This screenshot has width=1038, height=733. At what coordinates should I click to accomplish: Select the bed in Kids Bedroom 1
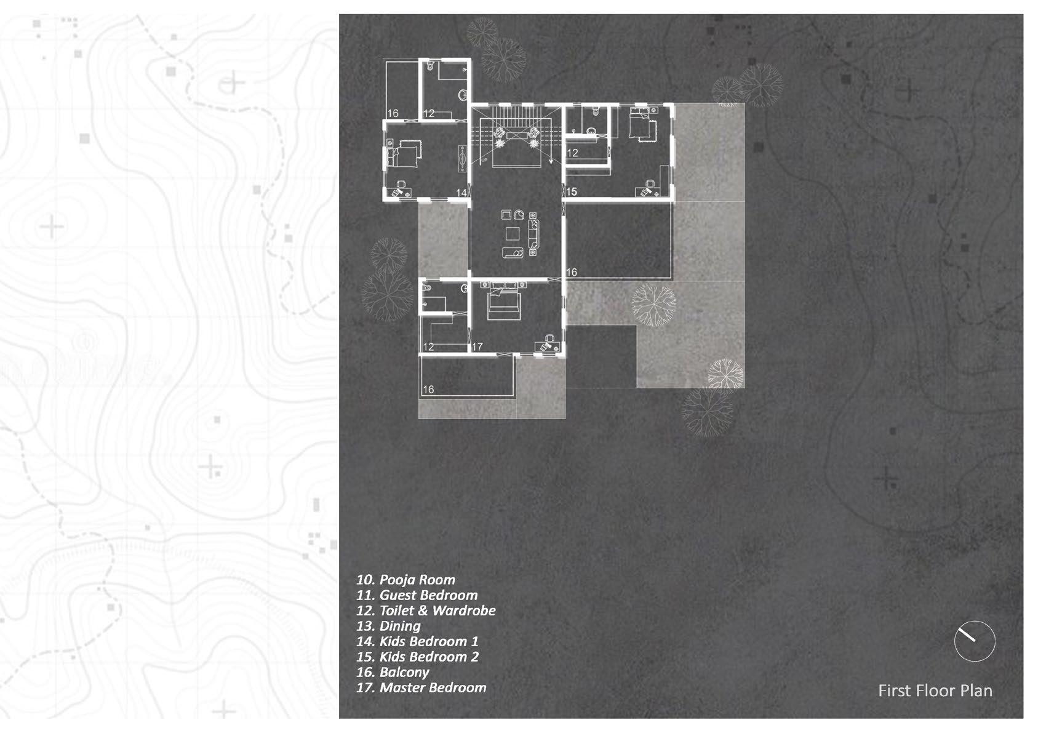pyautogui.click(x=404, y=153)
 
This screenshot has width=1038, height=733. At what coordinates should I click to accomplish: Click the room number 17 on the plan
pyautogui.click(x=477, y=347)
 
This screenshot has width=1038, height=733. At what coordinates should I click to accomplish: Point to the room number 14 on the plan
pyautogui.click(x=461, y=193)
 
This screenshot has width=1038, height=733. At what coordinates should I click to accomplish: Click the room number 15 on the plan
pyautogui.click(x=572, y=192)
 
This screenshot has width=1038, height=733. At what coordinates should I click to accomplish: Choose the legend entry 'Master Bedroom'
pyautogui.click(x=421, y=687)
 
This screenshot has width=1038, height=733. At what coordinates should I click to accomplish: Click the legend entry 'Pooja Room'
pyautogui.click(x=406, y=580)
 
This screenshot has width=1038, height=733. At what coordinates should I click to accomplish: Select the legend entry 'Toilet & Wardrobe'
pyautogui.click(x=426, y=611)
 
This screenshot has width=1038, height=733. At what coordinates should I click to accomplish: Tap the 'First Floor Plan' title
pyautogui.click(x=935, y=691)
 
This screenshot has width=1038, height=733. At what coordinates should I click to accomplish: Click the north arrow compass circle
pyautogui.click(x=975, y=641)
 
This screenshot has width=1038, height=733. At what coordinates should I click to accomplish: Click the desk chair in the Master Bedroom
pyautogui.click(x=545, y=346)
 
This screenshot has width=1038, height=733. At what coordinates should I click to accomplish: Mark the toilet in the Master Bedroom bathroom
pyautogui.click(x=429, y=287)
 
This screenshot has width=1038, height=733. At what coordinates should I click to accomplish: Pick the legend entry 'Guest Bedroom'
pyautogui.click(x=417, y=595)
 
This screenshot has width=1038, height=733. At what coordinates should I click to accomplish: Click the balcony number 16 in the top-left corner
pyautogui.click(x=393, y=113)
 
